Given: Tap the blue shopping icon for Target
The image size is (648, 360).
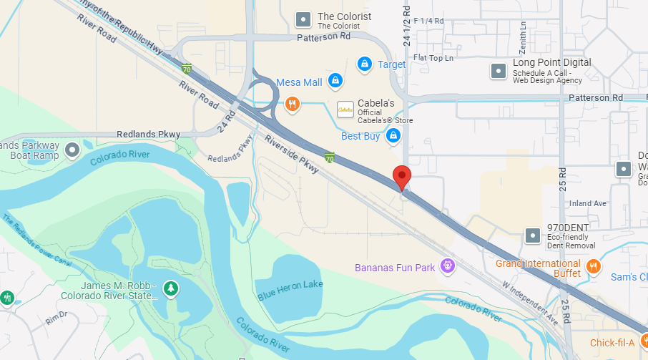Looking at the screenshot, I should [x=365, y=64].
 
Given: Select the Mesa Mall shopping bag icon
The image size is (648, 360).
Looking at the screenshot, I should [x=334, y=82].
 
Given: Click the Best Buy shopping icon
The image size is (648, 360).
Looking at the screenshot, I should [x=393, y=135].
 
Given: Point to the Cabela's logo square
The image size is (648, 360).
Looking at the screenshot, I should [x=345, y=109].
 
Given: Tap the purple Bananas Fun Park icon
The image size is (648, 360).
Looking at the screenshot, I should [x=448, y=267].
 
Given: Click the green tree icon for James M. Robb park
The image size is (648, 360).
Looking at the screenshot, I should [x=171, y=288].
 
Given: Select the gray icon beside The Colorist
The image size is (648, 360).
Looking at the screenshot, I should [x=303, y=20].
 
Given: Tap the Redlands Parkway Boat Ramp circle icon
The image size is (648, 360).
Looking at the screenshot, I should [x=72, y=150].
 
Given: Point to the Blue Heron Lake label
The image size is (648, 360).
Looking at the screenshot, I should [x=290, y=289].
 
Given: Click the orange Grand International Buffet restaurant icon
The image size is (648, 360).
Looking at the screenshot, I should [x=593, y=267].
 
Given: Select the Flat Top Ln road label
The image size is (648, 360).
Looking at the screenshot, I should [x=433, y=58].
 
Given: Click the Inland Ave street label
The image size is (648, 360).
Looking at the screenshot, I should [x=588, y=203].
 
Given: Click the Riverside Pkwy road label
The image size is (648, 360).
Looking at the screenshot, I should [x=291, y=152].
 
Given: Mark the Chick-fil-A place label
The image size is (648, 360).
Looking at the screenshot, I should [x=612, y=342].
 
